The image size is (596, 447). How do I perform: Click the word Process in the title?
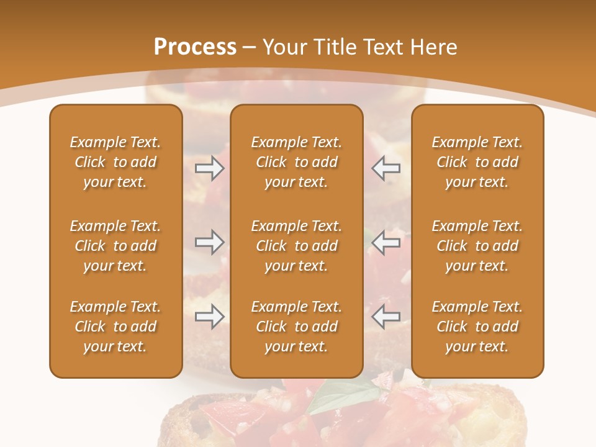click(x=195, y=47)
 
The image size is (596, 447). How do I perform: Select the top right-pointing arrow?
click(x=209, y=168)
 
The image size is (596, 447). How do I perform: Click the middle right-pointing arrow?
click(x=209, y=242)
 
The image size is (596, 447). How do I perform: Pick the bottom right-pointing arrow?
click(x=209, y=317)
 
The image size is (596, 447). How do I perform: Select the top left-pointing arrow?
click(x=386, y=168)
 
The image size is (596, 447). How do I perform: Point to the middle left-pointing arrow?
click(x=386, y=242)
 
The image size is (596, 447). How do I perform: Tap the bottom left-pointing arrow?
click(x=386, y=317)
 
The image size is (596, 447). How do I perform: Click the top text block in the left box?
click(x=115, y=162)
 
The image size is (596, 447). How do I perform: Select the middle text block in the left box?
click(x=115, y=246)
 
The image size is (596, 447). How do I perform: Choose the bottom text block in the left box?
click(x=115, y=327)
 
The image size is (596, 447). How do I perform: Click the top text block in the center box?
click(x=296, y=162)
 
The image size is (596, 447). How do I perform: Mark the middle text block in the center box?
click(x=296, y=246)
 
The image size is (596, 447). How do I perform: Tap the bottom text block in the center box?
click(x=296, y=327)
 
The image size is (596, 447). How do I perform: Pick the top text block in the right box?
click(x=477, y=162)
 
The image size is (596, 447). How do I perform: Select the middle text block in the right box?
click(x=477, y=246)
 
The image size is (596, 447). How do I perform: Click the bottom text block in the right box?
click(x=477, y=327)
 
